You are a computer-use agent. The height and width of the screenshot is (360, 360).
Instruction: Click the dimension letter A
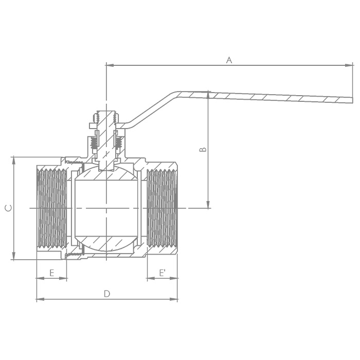point(229,60)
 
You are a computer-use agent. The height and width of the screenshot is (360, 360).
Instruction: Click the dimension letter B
point(203,150)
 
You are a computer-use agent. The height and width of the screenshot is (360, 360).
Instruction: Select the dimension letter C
point(9,208)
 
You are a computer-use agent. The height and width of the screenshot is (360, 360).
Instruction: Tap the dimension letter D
point(107,294)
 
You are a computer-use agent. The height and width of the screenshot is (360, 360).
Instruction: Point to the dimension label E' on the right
point(163,273)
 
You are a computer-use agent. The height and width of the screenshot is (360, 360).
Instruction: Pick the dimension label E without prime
point(51,273)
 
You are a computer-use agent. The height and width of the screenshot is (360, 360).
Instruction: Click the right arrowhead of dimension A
point(349,65)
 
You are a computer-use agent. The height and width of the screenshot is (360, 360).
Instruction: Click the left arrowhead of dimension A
point(110,65)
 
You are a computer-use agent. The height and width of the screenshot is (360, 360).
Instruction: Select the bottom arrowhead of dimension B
point(208,204)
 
